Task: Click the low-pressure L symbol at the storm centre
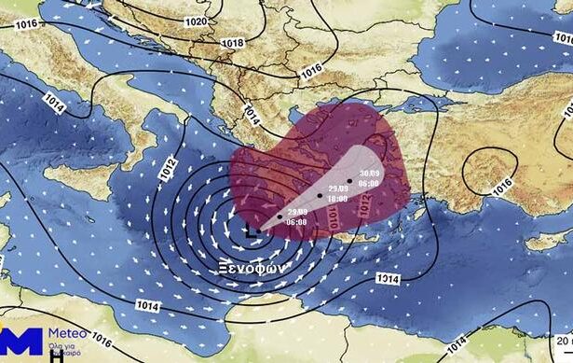coord(252,230)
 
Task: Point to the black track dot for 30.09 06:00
coord(349,180)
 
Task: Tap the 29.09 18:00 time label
coord(336,194)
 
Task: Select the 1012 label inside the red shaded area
coord(363,211)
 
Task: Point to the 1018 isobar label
coord(233,42)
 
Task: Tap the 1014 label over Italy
coord(55,103)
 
